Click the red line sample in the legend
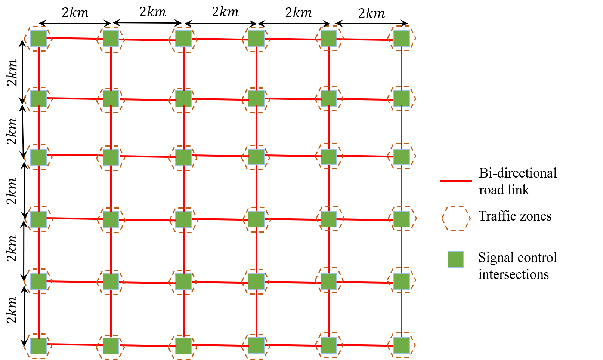point(456,181)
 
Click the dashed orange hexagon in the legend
point(456,218)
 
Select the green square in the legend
point(456,259)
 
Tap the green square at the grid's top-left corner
point(38,39)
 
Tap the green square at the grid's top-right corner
point(401,38)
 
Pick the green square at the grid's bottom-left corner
point(38,346)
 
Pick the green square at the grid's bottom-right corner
point(401,345)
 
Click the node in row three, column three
point(183,157)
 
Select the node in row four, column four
point(256,219)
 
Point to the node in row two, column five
point(329,98)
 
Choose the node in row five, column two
point(111,281)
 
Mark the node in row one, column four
point(256,38)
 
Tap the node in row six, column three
point(183,346)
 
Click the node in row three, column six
point(401,157)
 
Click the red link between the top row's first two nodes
point(75,38)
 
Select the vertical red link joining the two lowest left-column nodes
point(38,313)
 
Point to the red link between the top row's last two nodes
point(365,39)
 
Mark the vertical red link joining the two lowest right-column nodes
point(401,313)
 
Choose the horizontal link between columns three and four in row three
point(220,156)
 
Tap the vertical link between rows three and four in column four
point(256,188)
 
